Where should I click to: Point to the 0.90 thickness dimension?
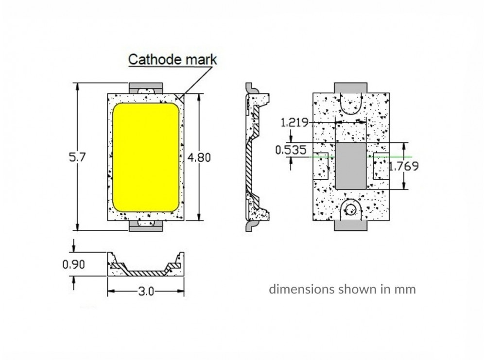pyautogui.click(x=74, y=264)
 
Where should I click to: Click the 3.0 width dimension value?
pyautogui.click(x=146, y=291)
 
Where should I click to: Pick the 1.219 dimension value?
pyautogui.click(x=295, y=122)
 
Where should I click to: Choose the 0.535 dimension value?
pyautogui.click(x=291, y=150)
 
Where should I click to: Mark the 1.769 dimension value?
pyautogui.click(x=404, y=166)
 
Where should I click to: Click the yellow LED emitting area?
pyautogui.click(x=146, y=157)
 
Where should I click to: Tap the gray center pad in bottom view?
pyautogui.click(x=350, y=166)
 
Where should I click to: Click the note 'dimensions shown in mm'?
pyautogui.click(x=343, y=290)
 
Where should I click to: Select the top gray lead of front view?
pyautogui.click(x=146, y=87)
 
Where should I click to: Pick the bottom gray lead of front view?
pyautogui.click(x=146, y=226)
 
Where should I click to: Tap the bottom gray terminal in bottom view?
pyautogui.click(x=350, y=225)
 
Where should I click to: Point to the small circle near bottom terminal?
pyautogui.click(x=350, y=210)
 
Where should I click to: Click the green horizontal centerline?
pyautogui.click(x=394, y=157)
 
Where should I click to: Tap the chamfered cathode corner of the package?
pyautogui.click(x=181, y=98)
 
